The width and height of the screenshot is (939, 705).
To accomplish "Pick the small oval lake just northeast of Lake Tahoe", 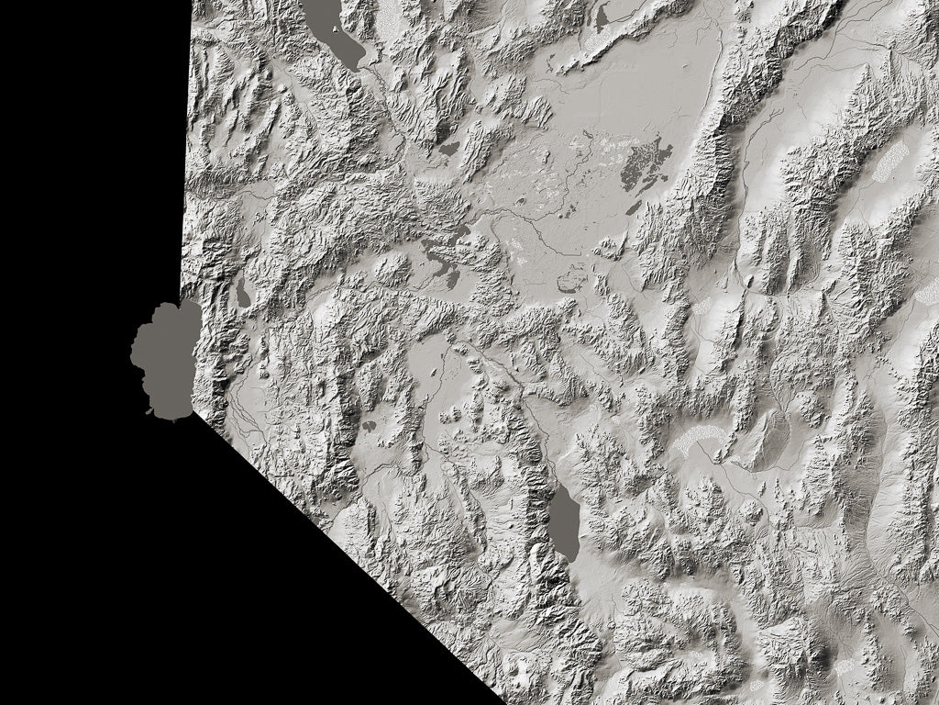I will coord(242,293).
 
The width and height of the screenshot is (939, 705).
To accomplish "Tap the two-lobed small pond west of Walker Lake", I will coord(369,427).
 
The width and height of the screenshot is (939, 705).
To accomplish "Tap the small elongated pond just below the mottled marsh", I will coord(633,208).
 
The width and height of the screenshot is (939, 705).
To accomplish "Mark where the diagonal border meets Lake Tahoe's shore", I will coord(193,413).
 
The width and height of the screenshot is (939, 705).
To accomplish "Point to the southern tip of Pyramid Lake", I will coord(353,67).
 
